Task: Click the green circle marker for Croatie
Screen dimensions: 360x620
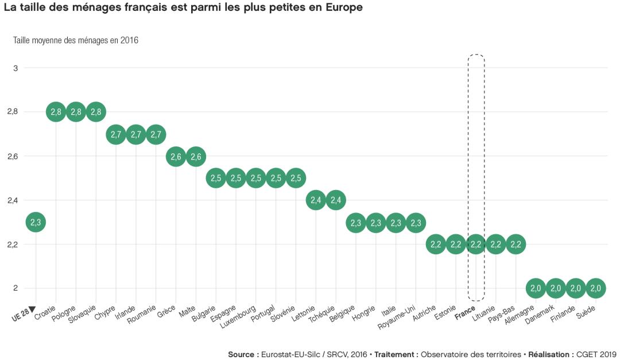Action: pos(56,112)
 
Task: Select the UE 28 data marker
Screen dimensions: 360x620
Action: pos(36,222)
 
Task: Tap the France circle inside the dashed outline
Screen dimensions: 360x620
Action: pos(476,244)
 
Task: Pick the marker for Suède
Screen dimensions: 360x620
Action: pos(595,288)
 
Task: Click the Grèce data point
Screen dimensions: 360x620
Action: pos(176,156)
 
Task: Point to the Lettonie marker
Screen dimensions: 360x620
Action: pos(316,200)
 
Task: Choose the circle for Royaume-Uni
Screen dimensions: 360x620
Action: pos(416,222)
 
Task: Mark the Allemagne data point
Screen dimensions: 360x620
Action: pos(536,288)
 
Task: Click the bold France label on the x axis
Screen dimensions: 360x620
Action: pos(464,315)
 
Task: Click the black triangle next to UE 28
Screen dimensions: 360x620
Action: pos(32,310)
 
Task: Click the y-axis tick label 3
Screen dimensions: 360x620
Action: pos(15,68)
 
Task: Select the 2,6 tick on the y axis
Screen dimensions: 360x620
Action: pos(13,156)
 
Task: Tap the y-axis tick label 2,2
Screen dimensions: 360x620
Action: pos(13,244)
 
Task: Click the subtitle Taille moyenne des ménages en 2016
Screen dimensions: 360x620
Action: pos(76,40)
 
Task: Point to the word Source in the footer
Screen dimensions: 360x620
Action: pos(241,354)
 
